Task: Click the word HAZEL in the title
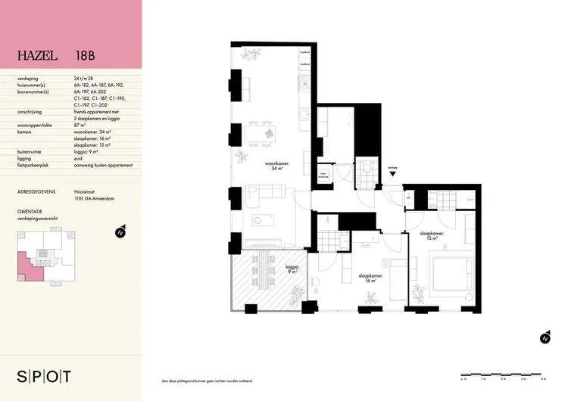pos(39,55)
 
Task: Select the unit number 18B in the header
pos(86,55)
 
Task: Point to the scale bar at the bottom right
pos(503,375)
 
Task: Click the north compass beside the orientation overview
pos(119,233)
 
